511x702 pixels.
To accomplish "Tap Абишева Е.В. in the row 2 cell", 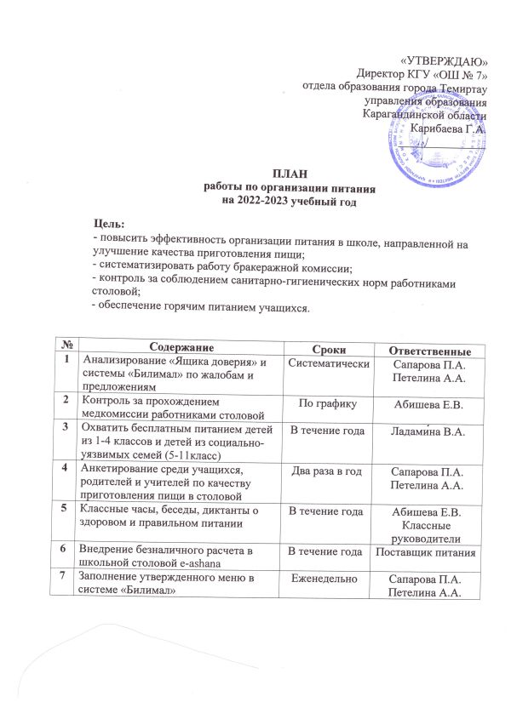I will coord(425,403).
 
